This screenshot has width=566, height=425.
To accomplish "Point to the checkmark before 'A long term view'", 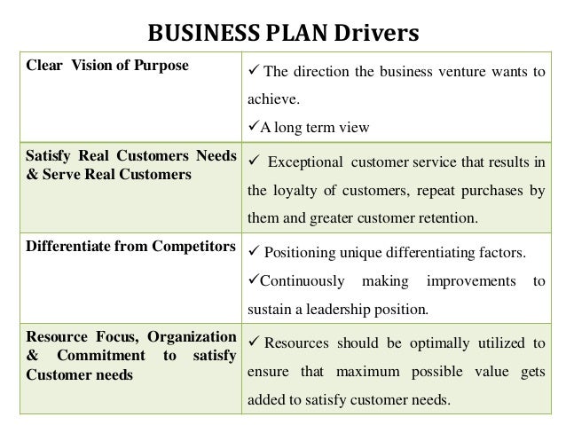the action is [x=252, y=125].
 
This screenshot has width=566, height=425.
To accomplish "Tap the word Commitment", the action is [x=90, y=355].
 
